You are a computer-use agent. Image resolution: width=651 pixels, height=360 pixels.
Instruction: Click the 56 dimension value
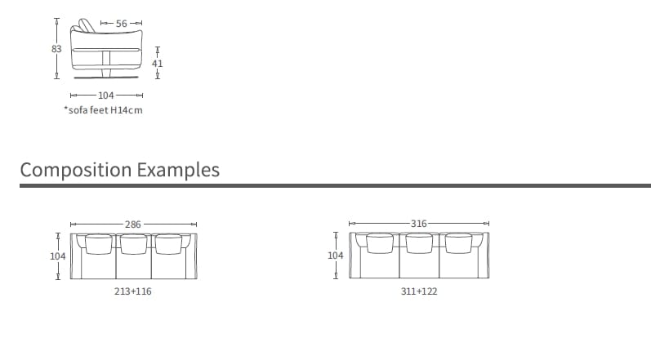click(x=122, y=24)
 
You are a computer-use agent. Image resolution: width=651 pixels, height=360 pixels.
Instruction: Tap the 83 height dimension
click(x=56, y=48)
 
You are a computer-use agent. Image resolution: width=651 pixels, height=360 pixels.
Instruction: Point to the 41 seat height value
click(x=158, y=63)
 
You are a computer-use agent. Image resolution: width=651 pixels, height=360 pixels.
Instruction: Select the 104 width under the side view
click(x=105, y=96)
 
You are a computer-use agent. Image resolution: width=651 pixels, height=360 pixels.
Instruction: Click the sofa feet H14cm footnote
click(x=103, y=110)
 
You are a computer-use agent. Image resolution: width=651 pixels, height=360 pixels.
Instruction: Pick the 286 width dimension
click(x=133, y=224)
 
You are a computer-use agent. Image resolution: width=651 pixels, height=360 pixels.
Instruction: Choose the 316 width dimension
click(x=418, y=224)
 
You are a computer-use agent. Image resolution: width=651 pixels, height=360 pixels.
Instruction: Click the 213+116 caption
click(x=133, y=291)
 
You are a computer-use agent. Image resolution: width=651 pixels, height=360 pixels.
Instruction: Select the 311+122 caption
click(x=419, y=291)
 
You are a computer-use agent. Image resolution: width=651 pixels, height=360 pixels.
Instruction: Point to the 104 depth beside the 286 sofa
click(x=58, y=256)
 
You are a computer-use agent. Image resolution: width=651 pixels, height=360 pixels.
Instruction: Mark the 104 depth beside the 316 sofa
click(x=335, y=256)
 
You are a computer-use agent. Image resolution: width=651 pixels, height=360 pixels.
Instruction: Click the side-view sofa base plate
click(x=107, y=79)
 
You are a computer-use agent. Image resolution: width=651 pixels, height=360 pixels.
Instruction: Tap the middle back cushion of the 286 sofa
click(x=132, y=242)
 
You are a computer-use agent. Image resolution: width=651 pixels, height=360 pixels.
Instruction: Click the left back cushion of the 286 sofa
click(x=99, y=242)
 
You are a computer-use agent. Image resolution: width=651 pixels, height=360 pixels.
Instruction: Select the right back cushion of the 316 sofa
click(x=458, y=242)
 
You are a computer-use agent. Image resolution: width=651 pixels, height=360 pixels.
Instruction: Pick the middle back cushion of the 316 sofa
click(x=419, y=242)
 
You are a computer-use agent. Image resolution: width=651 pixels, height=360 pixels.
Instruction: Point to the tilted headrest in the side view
click(x=87, y=25)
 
